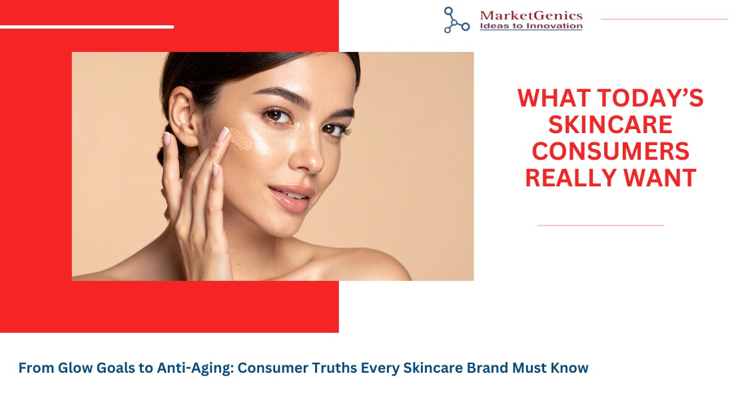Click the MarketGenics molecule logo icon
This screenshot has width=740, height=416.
pyautogui.click(x=456, y=20)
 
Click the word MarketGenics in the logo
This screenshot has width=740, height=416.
pyautogui.click(x=532, y=15)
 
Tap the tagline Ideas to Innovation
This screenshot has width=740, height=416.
pyautogui.click(x=531, y=26)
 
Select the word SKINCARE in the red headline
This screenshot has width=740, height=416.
pyautogui.click(x=610, y=125)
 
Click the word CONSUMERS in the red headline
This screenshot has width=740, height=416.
pyautogui.click(x=610, y=151)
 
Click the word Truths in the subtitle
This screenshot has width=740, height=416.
pyautogui.click(x=334, y=368)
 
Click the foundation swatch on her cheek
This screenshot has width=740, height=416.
pyautogui.click(x=240, y=139)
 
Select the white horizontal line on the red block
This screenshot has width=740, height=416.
pyautogui.click(x=87, y=27)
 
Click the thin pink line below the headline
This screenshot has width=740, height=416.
pyautogui.click(x=600, y=226)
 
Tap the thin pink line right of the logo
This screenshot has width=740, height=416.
pyautogui.click(x=664, y=19)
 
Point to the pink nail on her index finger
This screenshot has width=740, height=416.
pyautogui.click(x=222, y=134)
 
